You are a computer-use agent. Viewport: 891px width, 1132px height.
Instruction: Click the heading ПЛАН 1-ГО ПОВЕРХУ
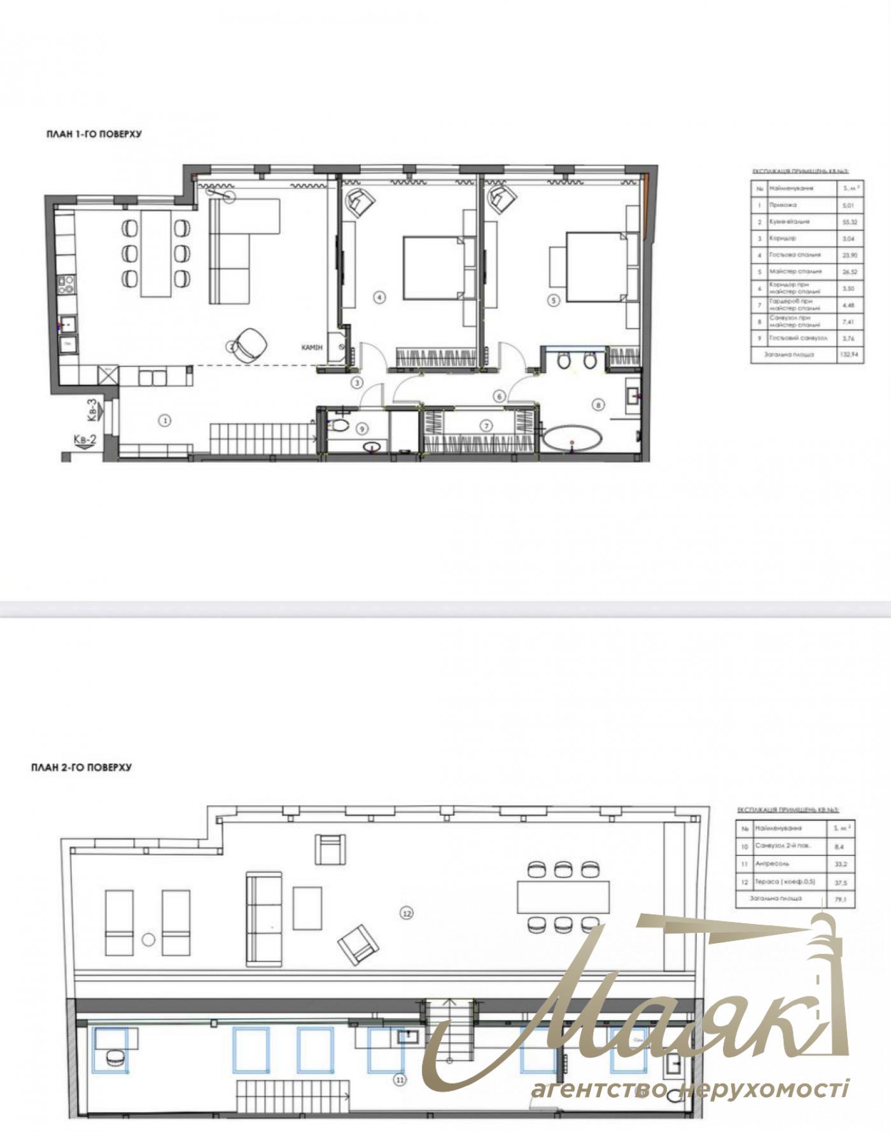(x=94, y=134)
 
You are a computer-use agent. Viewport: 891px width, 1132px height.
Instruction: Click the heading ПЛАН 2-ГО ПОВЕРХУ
(x=81, y=767)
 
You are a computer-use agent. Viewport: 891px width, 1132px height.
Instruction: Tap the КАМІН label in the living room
(x=312, y=348)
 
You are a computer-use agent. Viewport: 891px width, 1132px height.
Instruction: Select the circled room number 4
(x=379, y=297)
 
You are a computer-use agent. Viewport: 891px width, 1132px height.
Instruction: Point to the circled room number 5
(x=554, y=300)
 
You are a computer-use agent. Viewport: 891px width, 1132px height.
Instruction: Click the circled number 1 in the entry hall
(x=165, y=420)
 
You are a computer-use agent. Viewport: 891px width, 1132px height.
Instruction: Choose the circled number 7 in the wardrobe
(x=487, y=425)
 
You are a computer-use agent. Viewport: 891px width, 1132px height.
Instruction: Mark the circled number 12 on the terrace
(x=407, y=913)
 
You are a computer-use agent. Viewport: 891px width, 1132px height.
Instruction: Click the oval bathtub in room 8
(x=572, y=439)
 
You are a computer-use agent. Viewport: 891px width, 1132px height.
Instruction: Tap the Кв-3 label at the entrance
(x=92, y=410)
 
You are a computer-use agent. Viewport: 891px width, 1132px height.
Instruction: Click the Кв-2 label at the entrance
(x=85, y=440)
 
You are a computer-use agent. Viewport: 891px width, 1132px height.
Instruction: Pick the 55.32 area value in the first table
(x=849, y=222)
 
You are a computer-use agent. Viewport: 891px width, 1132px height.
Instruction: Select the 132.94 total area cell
(x=849, y=354)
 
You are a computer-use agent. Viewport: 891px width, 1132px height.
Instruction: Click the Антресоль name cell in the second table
(x=772, y=865)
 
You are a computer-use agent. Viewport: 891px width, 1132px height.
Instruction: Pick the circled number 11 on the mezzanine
(x=400, y=1079)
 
